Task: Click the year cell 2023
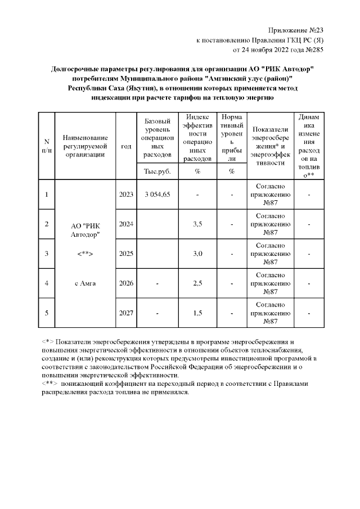tap(126, 195)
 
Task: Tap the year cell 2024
tap(126, 224)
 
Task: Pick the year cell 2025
tap(126, 254)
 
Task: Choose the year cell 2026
tap(126, 283)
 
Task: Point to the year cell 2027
tap(126, 313)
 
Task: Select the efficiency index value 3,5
tap(197, 224)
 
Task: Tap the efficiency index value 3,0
tap(197, 254)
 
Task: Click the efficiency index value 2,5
tap(197, 283)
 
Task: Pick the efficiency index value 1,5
tap(197, 313)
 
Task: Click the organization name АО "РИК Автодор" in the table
tap(85, 229)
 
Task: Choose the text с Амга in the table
tap(85, 283)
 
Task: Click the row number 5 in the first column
tap(47, 313)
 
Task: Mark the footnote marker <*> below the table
tap(47, 341)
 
